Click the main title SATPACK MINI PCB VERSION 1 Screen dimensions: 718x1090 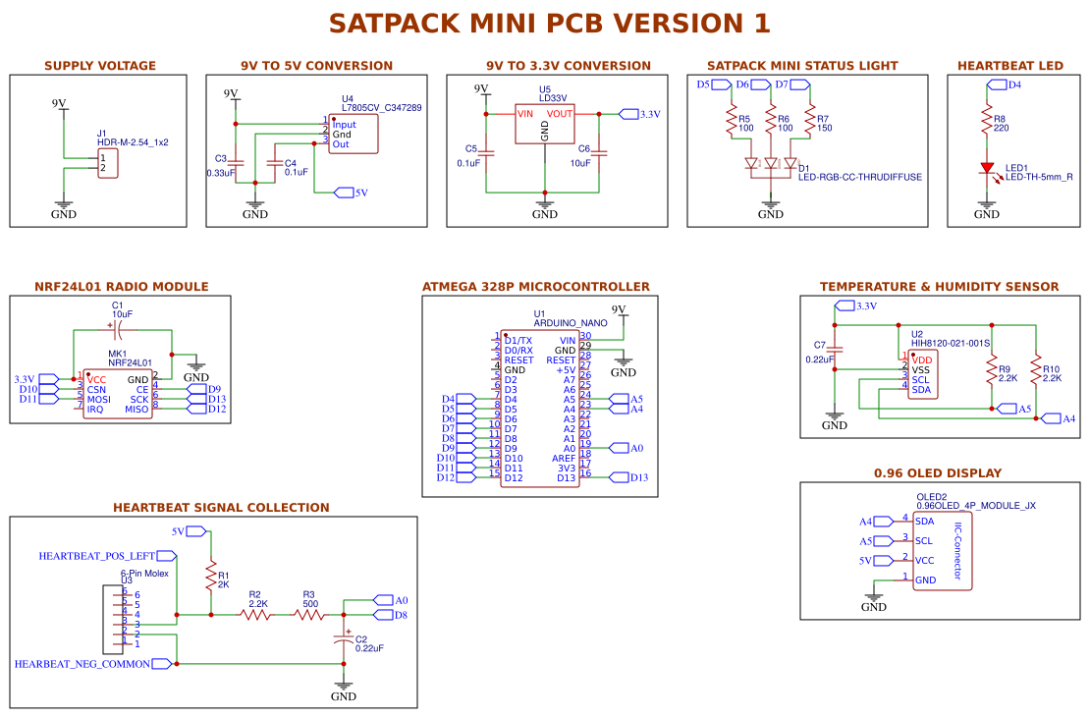pos(549,24)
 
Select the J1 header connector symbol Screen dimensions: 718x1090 pos(108,163)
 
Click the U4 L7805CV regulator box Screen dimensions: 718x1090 pos(353,135)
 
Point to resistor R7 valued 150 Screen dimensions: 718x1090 pos(810,123)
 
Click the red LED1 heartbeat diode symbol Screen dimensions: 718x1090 pos(987,168)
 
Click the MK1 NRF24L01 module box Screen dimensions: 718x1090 pos(117,394)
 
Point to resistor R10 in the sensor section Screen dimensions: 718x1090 pos(1035,371)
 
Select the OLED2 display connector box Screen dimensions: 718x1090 pos(942,551)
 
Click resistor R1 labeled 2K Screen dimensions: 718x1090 pos(210,576)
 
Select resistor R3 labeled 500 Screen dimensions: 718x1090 pos(309,615)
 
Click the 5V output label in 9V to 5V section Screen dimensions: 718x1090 pos(353,193)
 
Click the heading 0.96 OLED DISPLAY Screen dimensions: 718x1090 pos(937,472)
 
